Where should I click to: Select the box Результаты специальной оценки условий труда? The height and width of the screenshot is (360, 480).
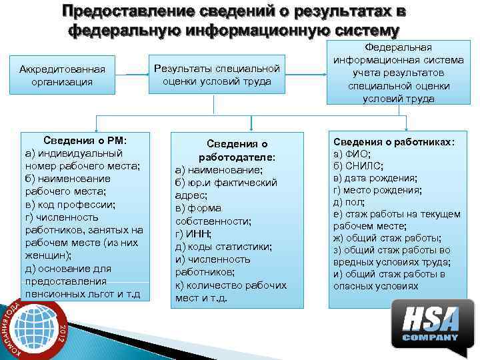(217, 75)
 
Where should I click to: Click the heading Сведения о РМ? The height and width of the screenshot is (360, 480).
(85, 141)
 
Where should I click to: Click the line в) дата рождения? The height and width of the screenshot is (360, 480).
(375, 178)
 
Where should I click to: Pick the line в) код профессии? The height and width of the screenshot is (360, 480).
(70, 204)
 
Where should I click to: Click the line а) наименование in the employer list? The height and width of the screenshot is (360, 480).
(219, 170)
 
